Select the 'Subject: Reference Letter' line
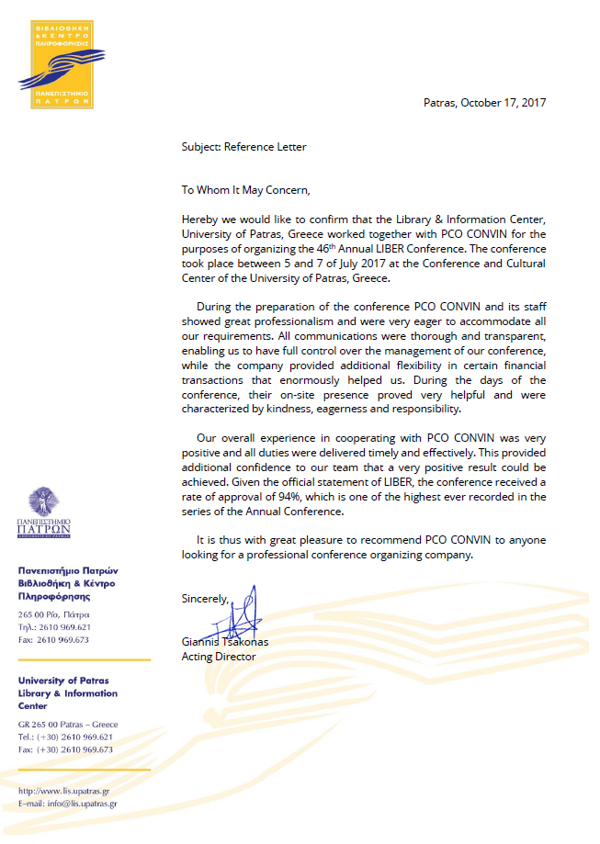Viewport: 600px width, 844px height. coord(243,147)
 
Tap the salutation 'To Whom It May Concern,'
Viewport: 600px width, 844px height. coord(246,190)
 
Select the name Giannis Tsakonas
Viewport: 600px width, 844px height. coord(225,642)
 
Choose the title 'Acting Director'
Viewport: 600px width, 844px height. coord(219,657)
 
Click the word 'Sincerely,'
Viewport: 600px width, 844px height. coord(205,599)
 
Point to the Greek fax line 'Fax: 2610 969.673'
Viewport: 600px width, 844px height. coord(53,640)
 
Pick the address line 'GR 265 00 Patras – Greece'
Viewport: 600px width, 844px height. coord(68,724)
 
